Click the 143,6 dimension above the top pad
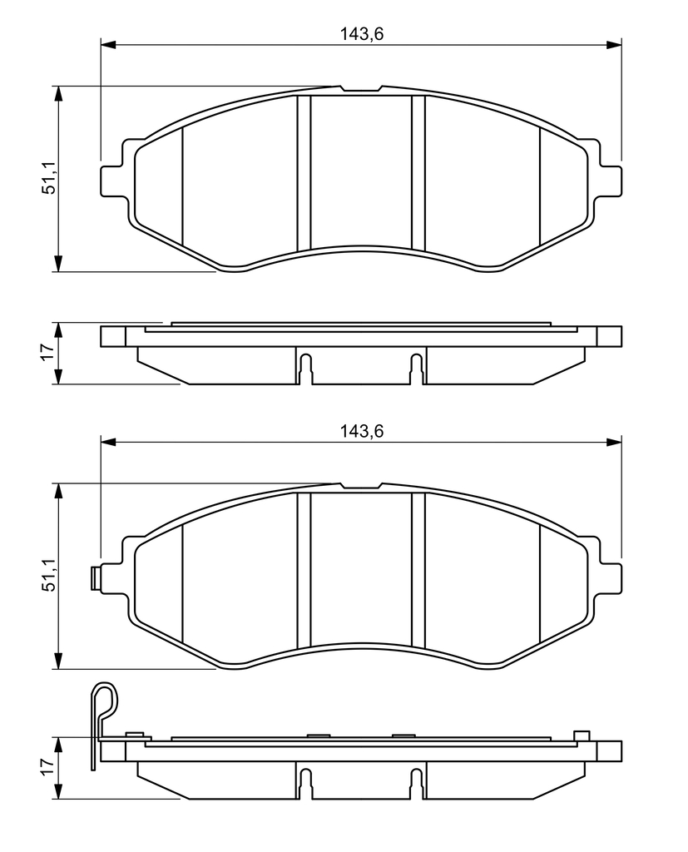pos(361,34)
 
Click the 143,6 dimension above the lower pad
pos(361,432)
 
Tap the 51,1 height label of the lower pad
pos(49,577)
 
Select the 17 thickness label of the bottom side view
pos(49,766)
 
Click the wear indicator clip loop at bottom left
pos(104,701)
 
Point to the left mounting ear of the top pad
pos(112,181)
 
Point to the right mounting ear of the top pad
pos(610,181)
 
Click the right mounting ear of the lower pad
pos(610,578)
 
